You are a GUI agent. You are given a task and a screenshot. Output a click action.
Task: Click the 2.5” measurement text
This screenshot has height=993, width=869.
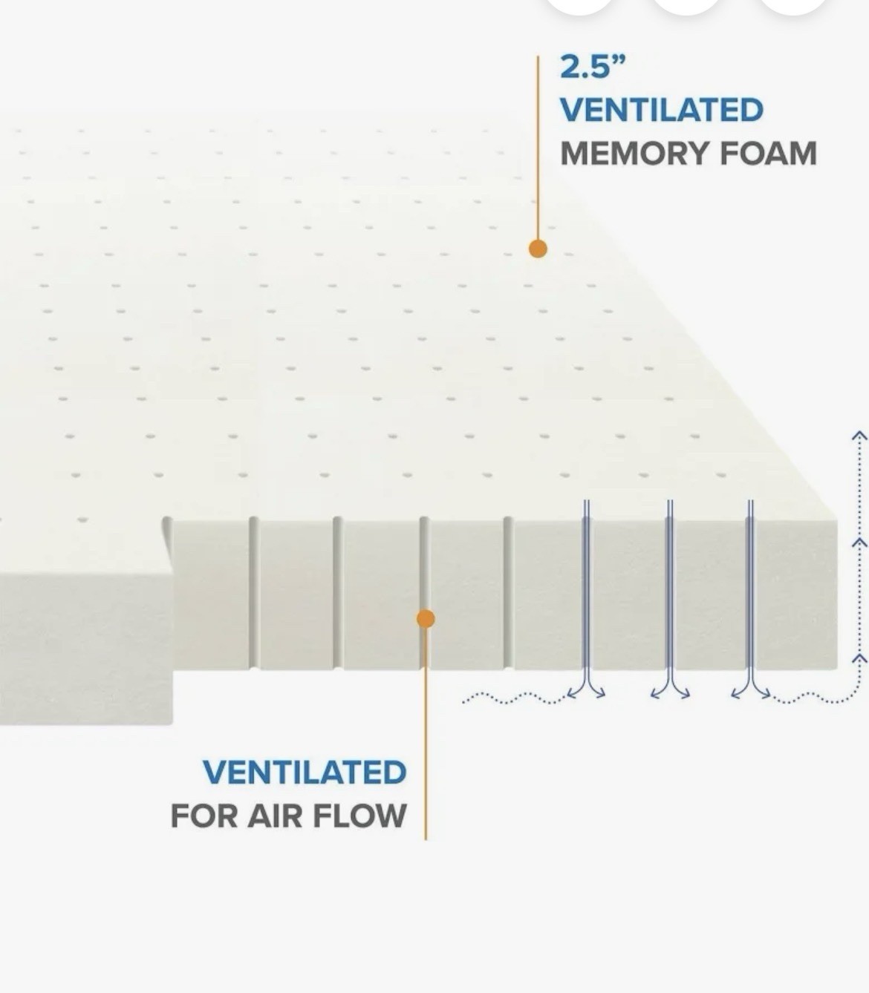(593, 67)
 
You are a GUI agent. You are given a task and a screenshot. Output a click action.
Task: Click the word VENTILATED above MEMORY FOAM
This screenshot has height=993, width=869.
(662, 110)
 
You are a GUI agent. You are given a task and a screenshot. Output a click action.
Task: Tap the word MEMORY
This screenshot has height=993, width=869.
(634, 154)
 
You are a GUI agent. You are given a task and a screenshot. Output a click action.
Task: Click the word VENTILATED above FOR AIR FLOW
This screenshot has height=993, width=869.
(305, 772)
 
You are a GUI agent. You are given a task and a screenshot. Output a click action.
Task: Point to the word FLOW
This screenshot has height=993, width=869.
(360, 816)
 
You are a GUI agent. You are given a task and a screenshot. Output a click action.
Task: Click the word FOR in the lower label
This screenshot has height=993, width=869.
(204, 816)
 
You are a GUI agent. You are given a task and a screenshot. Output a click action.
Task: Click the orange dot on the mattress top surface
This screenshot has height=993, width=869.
(538, 249)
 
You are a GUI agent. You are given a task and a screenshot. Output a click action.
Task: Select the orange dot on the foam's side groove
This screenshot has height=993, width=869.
(426, 619)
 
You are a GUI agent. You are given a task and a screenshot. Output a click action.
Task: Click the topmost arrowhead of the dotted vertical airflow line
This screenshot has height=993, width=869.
(860, 435)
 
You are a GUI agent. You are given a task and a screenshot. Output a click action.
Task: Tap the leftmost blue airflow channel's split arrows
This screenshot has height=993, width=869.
(586, 691)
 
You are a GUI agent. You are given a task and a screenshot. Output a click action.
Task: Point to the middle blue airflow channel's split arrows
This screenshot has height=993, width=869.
(670, 691)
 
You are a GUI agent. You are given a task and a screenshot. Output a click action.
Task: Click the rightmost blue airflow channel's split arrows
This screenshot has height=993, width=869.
(751, 691)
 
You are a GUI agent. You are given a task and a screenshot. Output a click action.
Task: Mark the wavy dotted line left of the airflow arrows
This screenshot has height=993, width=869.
(514, 698)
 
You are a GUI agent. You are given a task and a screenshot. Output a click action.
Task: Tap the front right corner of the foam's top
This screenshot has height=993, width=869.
(836, 520)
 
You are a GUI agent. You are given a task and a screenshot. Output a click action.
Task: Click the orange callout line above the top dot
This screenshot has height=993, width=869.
(538, 148)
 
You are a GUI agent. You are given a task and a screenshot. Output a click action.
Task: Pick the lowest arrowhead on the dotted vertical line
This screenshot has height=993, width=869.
(860, 657)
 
